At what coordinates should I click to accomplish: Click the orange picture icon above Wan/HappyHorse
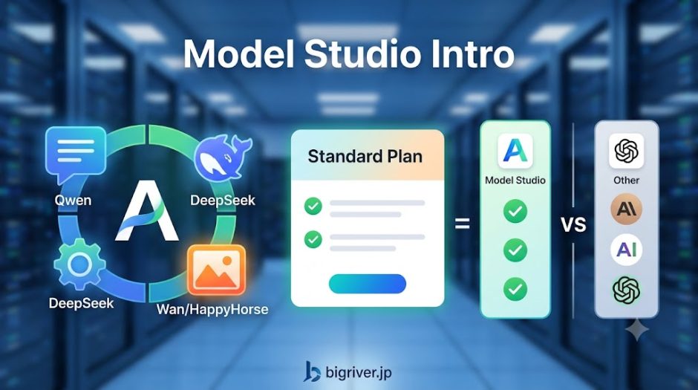[x=216, y=270]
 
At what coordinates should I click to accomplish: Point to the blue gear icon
[x=79, y=264]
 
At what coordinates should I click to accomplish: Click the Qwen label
[x=73, y=200]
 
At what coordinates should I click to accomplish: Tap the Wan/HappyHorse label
[x=212, y=309]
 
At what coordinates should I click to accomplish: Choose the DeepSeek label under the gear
[x=81, y=303]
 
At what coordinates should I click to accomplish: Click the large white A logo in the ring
[x=146, y=211]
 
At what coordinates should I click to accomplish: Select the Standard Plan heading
[x=365, y=156]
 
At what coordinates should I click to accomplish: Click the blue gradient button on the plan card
[x=368, y=284]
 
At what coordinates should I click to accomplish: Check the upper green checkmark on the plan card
[x=313, y=206]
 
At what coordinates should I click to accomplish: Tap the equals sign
[x=462, y=224]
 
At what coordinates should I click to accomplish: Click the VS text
[x=573, y=225]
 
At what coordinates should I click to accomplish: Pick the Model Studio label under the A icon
[x=515, y=181]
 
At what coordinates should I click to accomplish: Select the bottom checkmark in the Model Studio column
[x=515, y=290]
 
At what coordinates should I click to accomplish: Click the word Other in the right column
[x=626, y=181]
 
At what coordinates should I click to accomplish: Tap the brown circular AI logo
[x=626, y=209]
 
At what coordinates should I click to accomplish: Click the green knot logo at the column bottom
[x=626, y=290]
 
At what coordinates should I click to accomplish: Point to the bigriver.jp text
[x=359, y=371]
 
